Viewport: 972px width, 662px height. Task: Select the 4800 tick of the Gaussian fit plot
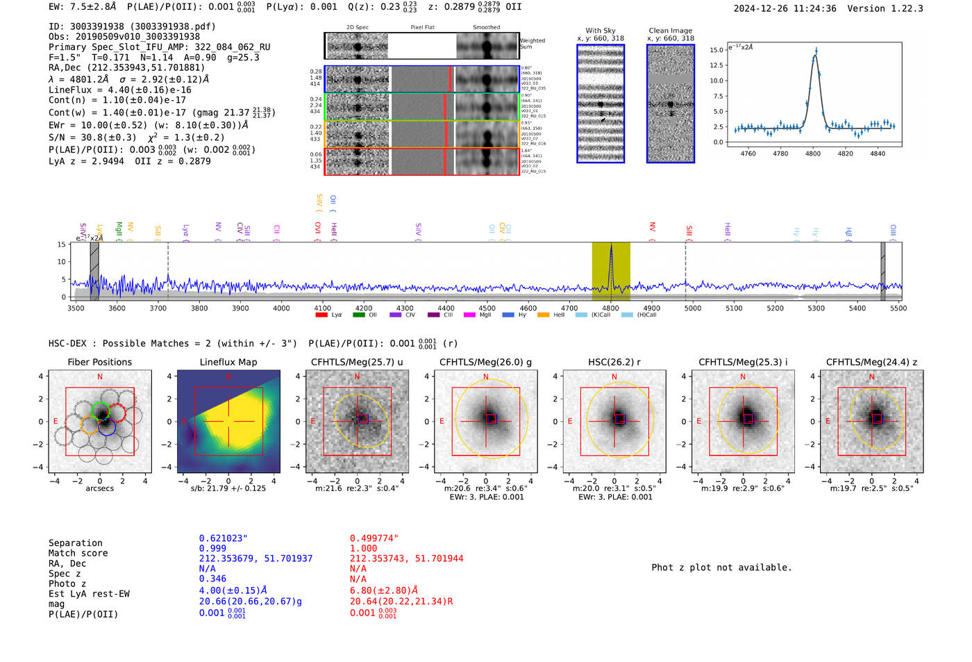pyautogui.click(x=812, y=154)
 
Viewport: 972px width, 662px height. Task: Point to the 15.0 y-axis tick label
pyautogui.click(x=717, y=50)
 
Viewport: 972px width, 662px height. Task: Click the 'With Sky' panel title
pyautogui.click(x=600, y=31)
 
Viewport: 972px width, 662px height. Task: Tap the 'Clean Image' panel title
pyautogui.click(x=670, y=31)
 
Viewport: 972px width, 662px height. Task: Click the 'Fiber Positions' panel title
pyautogui.click(x=99, y=362)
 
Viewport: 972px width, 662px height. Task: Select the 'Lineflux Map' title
pyautogui.click(x=228, y=362)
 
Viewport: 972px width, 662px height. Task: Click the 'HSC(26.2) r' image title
pyautogui.click(x=614, y=362)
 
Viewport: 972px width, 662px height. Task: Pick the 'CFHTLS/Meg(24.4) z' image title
pyautogui.click(x=871, y=362)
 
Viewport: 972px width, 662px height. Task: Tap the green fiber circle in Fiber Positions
pyautogui.click(x=101, y=411)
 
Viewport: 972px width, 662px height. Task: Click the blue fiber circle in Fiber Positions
pyautogui.click(x=106, y=427)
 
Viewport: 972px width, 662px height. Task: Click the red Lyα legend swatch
pyautogui.click(x=321, y=315)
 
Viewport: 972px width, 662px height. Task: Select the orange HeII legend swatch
pyautogui.click(x=543, y=315)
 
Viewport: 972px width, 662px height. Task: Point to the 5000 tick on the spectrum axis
pyautogui.click(x=693, y=308)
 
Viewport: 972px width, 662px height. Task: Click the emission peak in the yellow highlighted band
pyautogui.click(x=611, y=247)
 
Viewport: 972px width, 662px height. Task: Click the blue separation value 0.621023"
pyautogui.click(x=223, y=538)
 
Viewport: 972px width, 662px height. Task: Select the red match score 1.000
pyautogui.click(x=364, y=548)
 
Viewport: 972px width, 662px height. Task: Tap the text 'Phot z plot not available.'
pyautogui.click(x=721, y=568)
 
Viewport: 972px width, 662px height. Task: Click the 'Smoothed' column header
pyautogui.click(x=486, y=28)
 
